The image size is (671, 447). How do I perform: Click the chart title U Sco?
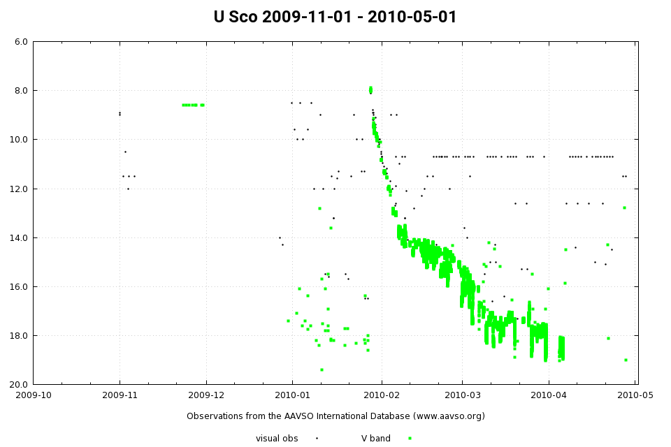335,17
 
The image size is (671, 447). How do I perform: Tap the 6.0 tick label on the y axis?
21,42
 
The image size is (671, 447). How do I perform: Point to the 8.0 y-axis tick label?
21,91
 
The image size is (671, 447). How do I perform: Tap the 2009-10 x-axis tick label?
34,395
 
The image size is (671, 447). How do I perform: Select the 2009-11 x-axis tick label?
120,395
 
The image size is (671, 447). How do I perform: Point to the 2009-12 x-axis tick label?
206,395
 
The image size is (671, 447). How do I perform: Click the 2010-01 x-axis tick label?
292,395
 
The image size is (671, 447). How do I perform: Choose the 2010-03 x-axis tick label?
462,395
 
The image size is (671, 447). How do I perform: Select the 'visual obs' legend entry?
278,439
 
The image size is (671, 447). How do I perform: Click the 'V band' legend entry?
376,439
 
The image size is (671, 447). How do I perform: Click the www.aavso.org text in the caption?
445,416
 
